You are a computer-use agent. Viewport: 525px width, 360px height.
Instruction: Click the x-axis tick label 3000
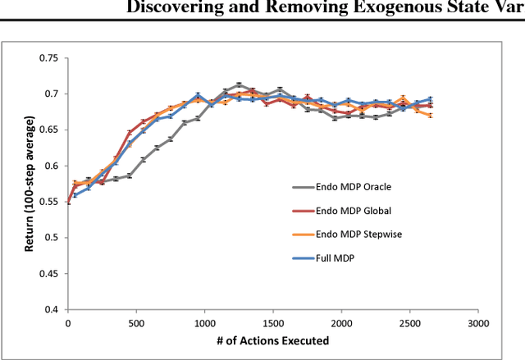tap(478, 324)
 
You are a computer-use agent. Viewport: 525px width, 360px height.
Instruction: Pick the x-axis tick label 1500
tap(273, 324)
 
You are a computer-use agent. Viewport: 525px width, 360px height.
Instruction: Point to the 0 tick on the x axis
tap(68, 324)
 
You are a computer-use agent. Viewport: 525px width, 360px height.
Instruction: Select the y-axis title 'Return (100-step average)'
tap(30, 184)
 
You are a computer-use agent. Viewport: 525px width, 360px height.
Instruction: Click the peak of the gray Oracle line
tap(239, 84)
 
